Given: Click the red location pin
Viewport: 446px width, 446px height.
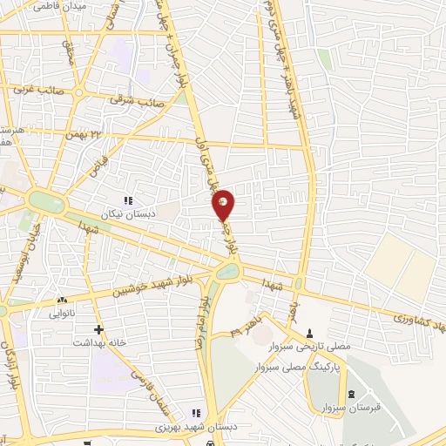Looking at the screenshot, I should (224, 205).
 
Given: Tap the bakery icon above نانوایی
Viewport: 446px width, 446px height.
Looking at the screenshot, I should (68, 299).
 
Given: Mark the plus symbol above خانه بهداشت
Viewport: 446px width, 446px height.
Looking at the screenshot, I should (98, 330).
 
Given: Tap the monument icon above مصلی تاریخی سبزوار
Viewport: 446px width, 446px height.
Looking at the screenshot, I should (310, 333).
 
